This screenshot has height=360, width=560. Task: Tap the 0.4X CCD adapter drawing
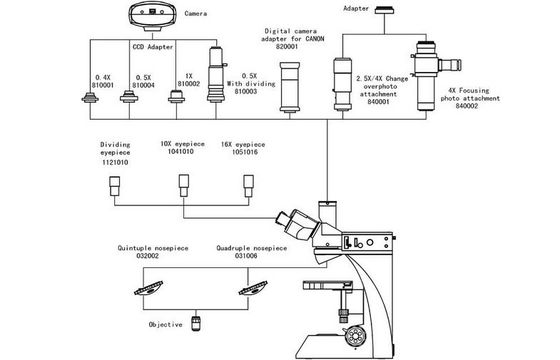click(90, 98)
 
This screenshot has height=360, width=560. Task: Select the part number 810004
click(143, 85)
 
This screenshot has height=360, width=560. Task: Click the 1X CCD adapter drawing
click(176, 96)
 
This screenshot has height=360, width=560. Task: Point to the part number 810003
click(246, 91)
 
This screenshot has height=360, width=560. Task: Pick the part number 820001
click(287, 46)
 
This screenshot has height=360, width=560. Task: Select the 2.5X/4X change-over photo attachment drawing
click(342, 84)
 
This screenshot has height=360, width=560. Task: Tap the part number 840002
click(466, 106)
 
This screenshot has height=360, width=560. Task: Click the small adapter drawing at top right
click(384, 10)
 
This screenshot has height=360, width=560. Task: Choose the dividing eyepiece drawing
click(114, 186)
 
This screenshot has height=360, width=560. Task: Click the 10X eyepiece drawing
click(184, 185)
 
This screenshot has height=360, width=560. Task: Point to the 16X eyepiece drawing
click(249, 186)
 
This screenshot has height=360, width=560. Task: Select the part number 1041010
click(181, 151)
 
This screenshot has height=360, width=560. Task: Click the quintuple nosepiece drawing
click(149, 288)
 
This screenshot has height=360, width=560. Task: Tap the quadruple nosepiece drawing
click(253, 288)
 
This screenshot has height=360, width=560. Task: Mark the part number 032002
click(148, 256)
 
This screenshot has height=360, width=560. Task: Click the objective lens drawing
click(196, 323)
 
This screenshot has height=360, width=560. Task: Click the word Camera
click(196, 14)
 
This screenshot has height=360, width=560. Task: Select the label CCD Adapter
click(153, 47)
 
